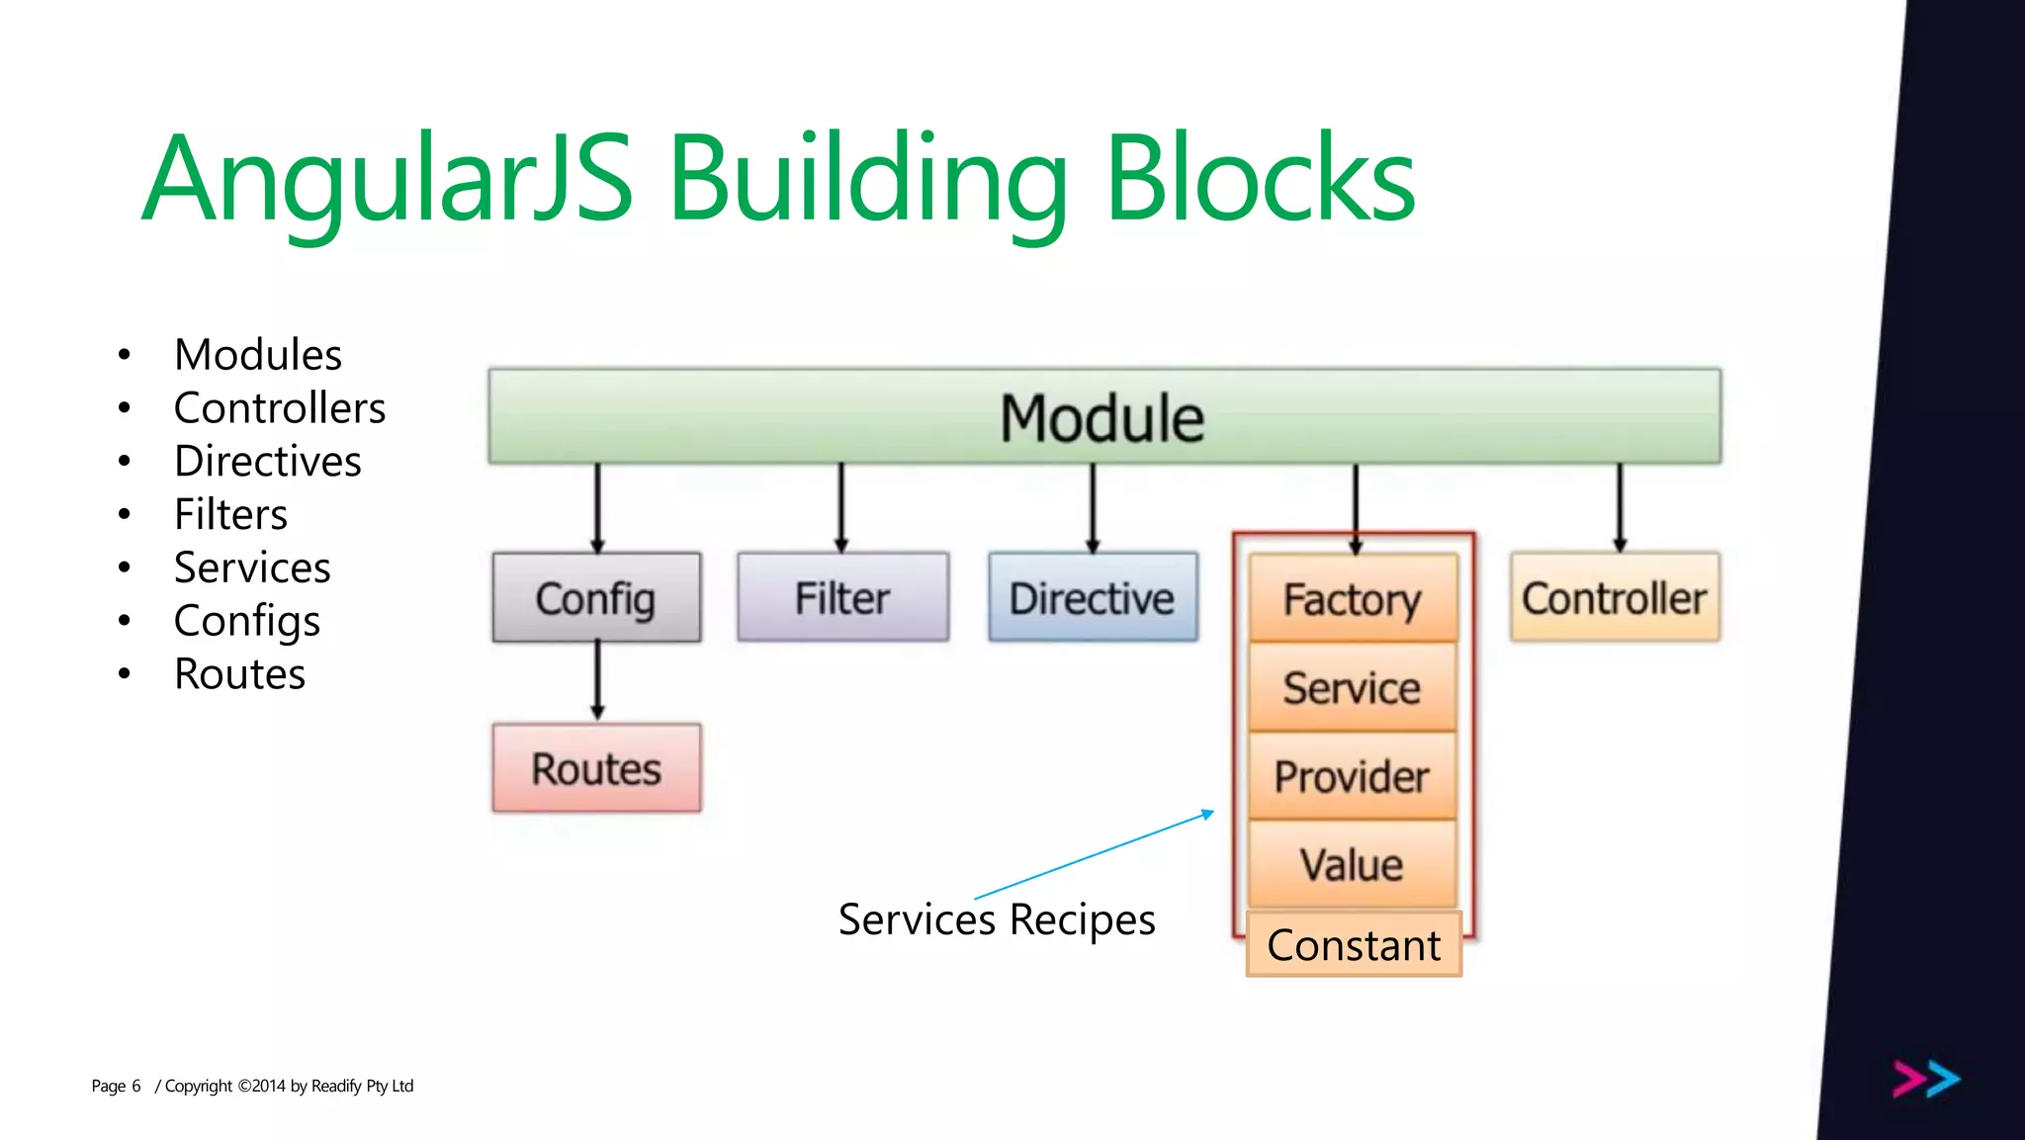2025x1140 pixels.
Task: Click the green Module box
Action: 1103,416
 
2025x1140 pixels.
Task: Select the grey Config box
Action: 596,598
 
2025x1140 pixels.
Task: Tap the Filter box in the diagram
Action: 842,598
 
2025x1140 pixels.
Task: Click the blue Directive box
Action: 1093,598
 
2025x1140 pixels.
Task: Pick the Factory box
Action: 1353,599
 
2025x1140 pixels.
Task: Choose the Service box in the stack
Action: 1353,687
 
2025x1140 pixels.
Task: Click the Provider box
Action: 1353,776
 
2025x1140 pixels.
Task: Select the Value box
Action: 1353,865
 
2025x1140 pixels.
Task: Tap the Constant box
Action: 1354,945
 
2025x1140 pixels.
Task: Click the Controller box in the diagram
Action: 1615,598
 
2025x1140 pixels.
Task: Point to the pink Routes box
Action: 596,768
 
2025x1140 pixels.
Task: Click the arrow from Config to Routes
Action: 597,681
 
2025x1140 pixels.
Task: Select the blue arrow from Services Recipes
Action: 1094,855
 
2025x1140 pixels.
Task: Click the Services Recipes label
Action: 997,920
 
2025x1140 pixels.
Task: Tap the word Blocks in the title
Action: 1261,179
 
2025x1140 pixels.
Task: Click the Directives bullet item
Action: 267,462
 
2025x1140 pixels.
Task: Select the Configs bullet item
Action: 247,621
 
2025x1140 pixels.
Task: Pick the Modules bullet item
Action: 257,355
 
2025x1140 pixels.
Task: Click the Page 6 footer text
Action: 117,1086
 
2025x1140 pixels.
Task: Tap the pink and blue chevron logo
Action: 1926,1079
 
